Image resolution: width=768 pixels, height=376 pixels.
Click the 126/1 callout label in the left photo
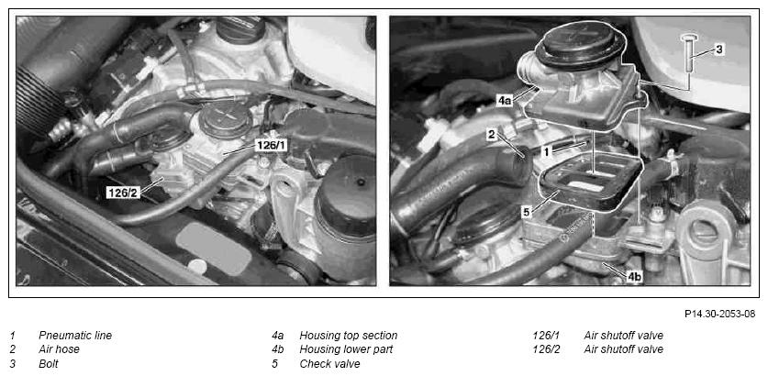(x=272, y=146)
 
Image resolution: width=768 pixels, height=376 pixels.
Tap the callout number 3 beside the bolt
(x=718, y=49)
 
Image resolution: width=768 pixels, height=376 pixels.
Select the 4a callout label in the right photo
(x=505, y=101)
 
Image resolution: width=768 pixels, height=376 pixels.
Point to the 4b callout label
(x=634, y=277)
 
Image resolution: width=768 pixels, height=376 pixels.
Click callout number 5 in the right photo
(x=527, y=213)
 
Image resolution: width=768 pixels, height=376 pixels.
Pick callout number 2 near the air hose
(x=492, y=135)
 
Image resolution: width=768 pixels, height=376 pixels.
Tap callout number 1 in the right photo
(x=547, y=152)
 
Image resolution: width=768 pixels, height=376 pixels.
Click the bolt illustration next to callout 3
(x=689, y=53)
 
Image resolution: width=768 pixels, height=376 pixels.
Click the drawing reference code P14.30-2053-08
(x=719, y=314)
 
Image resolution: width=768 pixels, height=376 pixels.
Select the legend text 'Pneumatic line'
(x=75, y=336)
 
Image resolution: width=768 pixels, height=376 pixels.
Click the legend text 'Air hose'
(x=59, y=349)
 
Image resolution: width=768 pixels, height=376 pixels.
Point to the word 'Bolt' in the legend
(x=49, y=364)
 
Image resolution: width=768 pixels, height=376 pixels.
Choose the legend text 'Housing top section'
(x=349, y=336)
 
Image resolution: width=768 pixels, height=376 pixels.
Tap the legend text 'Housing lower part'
(x=346, y=349)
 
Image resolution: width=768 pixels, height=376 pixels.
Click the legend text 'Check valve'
(x=329, y=364)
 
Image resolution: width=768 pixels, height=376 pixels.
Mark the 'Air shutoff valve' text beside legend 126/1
(x=624, y=336)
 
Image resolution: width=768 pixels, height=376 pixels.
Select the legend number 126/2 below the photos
(x=546, y=349)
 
